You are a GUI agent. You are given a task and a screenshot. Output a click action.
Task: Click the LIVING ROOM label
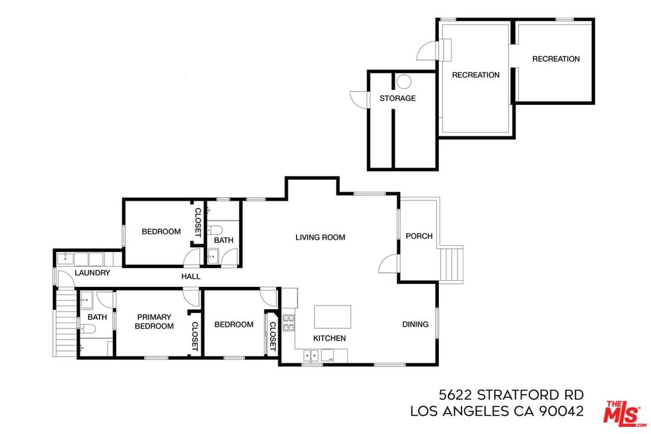click(x=320, y=237)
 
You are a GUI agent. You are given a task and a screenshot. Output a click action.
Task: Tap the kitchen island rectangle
click(x=332, y=317)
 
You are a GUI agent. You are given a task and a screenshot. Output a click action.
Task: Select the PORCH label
click(x=419, y=236)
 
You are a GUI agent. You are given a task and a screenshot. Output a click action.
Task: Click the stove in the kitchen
click(x=289, y=322)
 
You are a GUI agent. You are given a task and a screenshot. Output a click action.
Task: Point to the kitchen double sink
click(x=311, y=356)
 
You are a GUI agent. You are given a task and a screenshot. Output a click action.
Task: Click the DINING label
click(x=415, y=324)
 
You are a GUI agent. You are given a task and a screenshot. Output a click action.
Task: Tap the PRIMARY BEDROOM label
click(x=154, y=321)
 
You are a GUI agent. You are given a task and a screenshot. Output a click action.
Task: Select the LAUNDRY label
click(x=92, y=273)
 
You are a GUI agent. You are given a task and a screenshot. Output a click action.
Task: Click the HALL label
click(x=191, y=276)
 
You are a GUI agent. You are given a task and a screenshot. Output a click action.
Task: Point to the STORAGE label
click(x=397, y=98)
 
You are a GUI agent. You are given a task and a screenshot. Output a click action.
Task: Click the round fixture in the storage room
click(x=403, y=81)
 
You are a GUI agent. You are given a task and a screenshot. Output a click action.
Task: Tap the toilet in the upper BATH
click(x=215, y=229)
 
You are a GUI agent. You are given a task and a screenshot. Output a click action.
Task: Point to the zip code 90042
click(x=561, y=411)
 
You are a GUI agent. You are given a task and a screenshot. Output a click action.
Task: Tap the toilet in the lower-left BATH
click(x=87, y=329)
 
